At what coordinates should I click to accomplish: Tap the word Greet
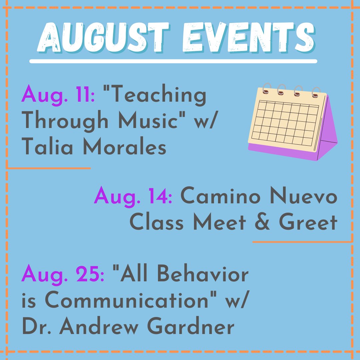point(308,223)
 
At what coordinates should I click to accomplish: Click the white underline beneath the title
point(173,61)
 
